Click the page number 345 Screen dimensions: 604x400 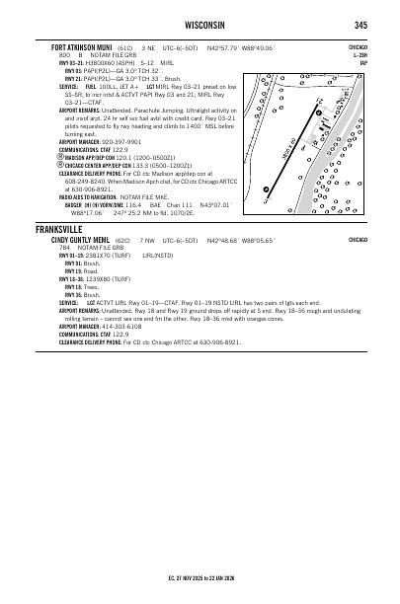(361, 25)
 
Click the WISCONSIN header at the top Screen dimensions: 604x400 (200, 25)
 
